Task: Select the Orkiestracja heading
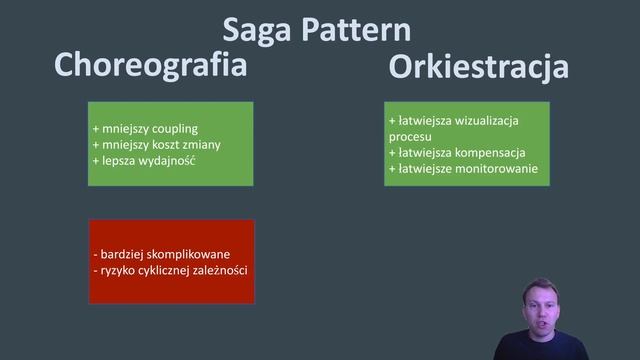pyautogui.click(x=478, y=67)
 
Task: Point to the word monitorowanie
pyautogui.click(x=497, y=170)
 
